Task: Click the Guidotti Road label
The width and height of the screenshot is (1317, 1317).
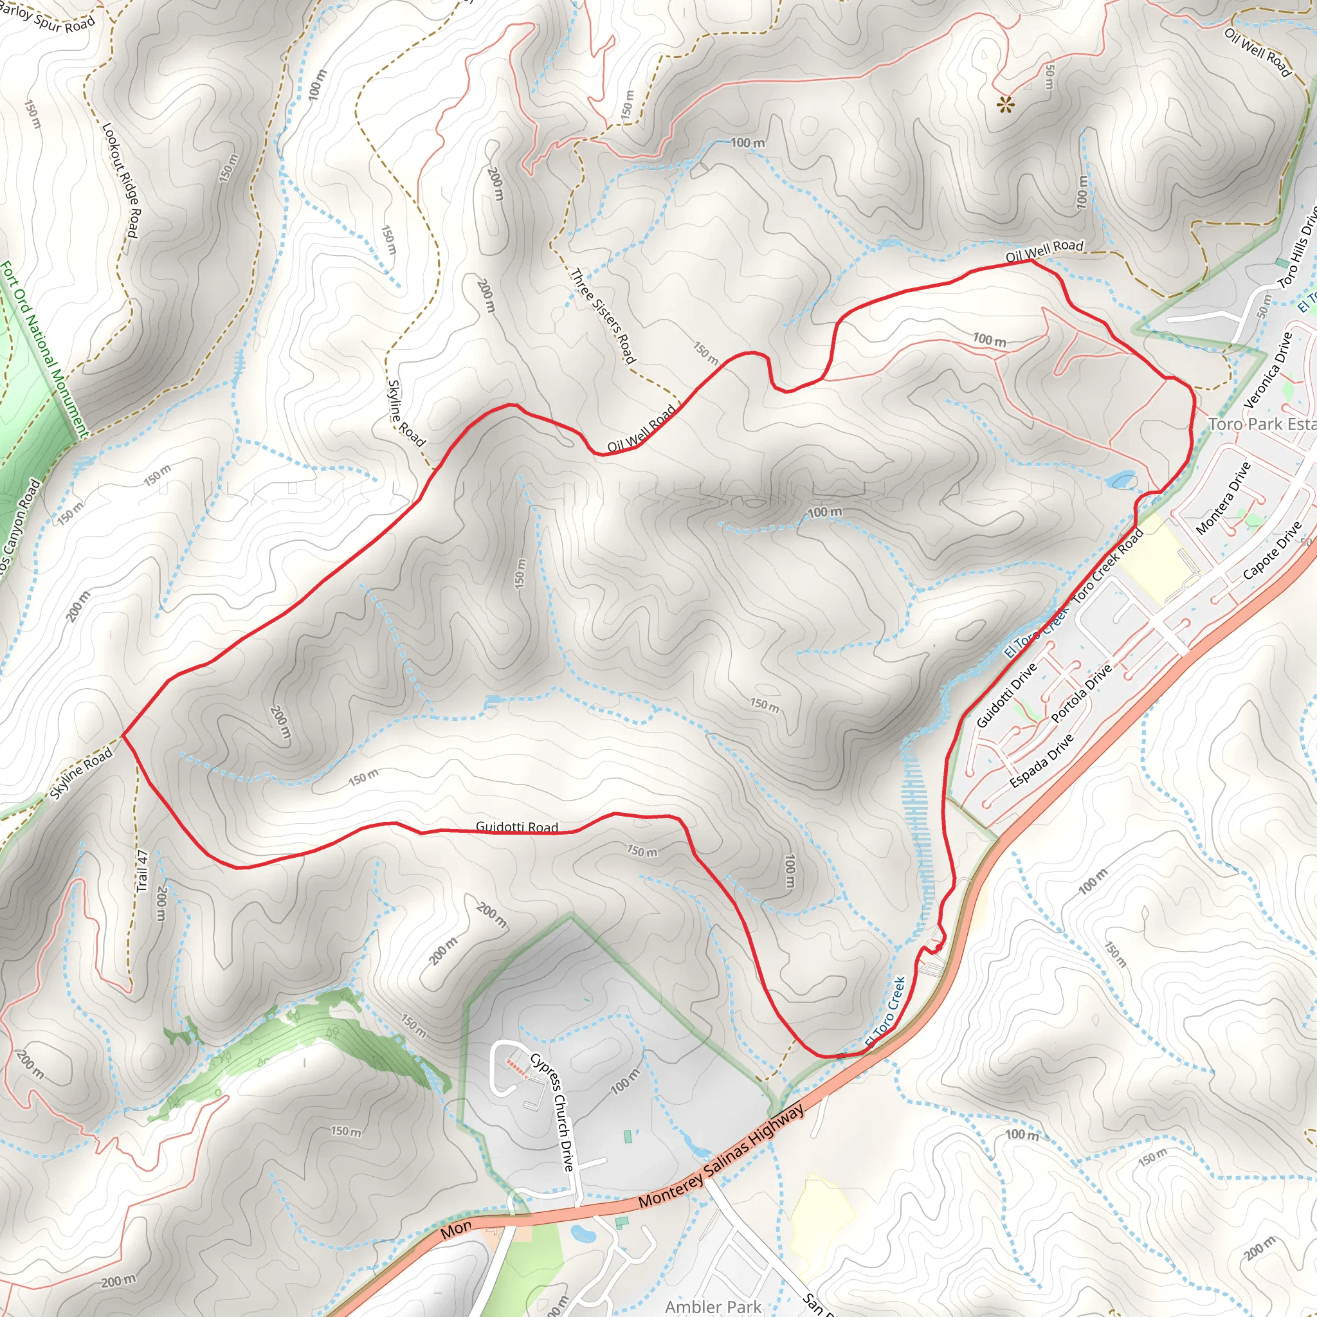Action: pos(517,827)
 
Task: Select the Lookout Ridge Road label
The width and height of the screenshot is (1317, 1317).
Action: pos(121,181)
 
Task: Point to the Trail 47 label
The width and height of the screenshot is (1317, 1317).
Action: pos(141,871)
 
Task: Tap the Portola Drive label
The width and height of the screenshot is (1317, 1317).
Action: pos(1081,693)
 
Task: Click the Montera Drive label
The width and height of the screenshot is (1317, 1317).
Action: pos(1223,498)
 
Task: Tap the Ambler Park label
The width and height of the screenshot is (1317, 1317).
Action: pos(713,1306)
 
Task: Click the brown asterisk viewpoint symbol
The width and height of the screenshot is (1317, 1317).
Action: pos(1006,104)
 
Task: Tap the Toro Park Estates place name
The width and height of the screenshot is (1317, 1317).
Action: pos(1262,424)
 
